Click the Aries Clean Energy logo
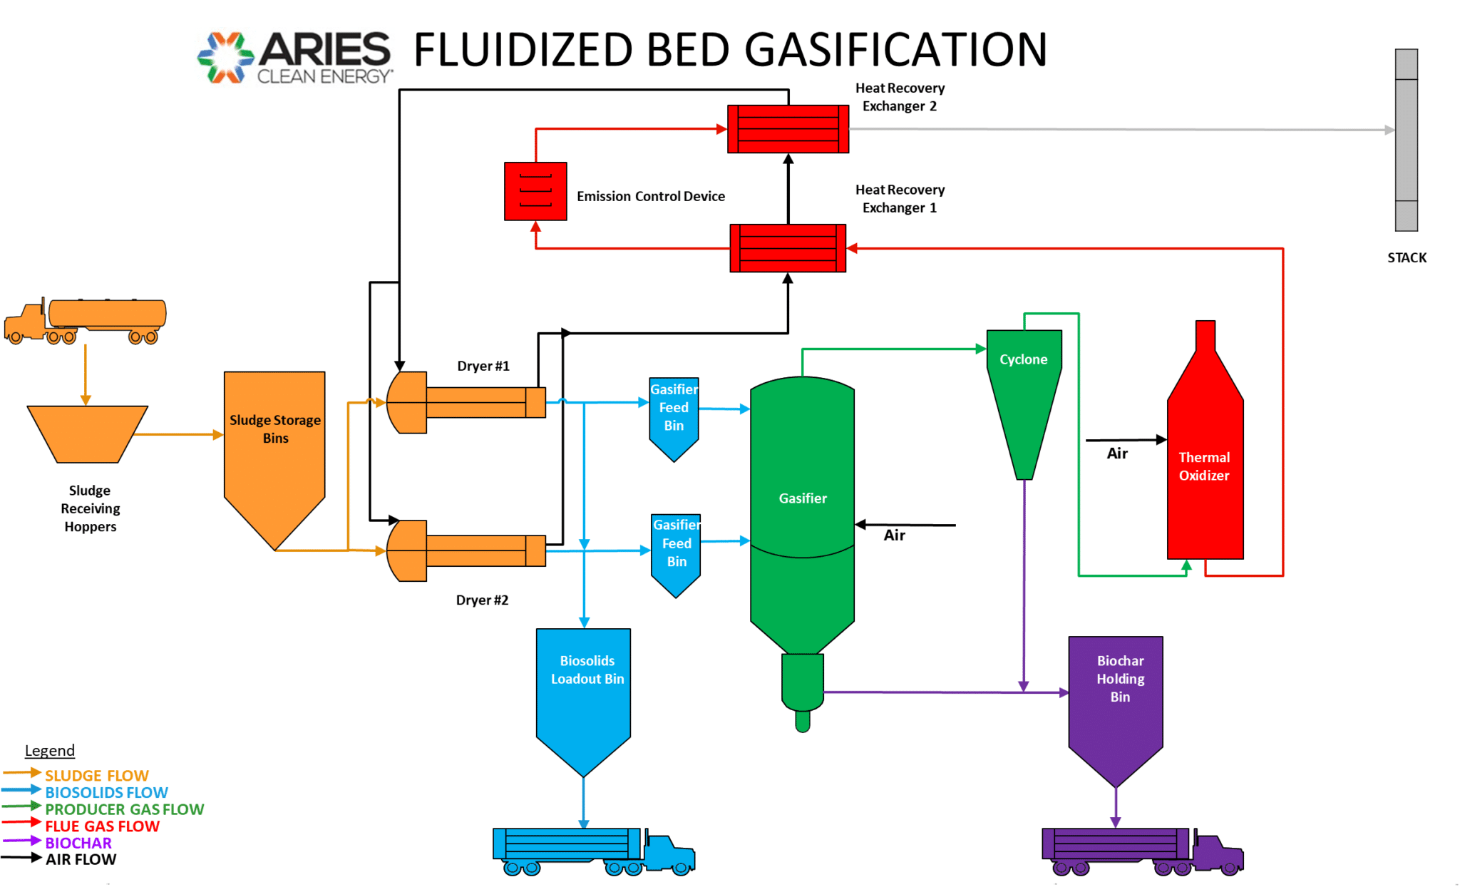[294, 57]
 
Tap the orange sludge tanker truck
[86, 320]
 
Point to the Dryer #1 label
[483, 366]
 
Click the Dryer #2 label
[482, 600]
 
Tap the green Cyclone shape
[1024, 392]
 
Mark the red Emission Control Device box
[535, 191]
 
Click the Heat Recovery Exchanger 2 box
[788, 129]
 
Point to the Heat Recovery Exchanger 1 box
[788, 248]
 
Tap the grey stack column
[1406, 140]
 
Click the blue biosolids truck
[593, 851]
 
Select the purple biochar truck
[1142, 851]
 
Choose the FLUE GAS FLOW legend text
[102, 826]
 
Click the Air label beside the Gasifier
[894, 535]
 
